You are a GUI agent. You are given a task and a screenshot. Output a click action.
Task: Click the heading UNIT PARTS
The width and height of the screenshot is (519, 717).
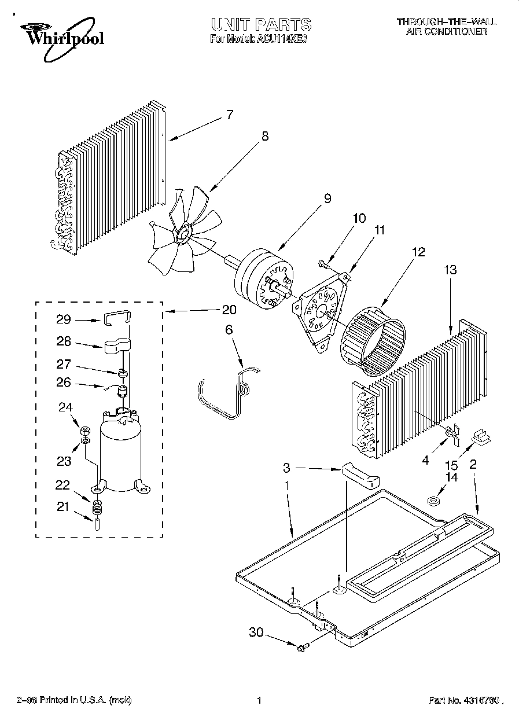tap(261, 24)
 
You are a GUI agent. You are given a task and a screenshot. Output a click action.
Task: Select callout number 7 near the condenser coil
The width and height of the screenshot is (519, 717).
tap(229, 114)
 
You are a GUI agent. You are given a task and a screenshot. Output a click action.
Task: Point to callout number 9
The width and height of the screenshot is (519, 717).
tap(327, 198)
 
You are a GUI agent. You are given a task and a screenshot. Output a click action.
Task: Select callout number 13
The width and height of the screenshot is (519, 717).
tap(450, 270)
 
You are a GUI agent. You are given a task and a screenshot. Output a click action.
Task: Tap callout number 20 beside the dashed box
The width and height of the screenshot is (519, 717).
tap(229, 310)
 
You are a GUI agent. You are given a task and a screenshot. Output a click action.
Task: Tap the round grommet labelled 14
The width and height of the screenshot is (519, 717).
tap(433, 501)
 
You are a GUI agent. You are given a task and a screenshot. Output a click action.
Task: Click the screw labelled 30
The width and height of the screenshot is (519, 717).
tap(303, 649)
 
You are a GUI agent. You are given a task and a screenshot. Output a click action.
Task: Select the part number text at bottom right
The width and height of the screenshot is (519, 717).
tap(464, 701)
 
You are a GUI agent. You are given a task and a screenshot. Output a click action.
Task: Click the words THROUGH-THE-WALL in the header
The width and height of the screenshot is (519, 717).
tap(446, 21)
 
